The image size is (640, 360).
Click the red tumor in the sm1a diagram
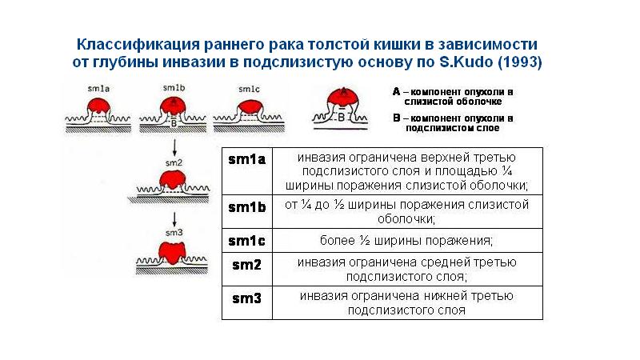[x=98, y=106]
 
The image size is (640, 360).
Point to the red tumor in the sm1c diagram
[x=249, y=106]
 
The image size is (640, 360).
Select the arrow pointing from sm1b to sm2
[x=174, y=146]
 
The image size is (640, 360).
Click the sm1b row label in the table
[x=246, y=207]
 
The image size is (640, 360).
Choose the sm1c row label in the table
[x=246, y=240]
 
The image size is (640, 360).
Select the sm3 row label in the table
[x=246, y=298]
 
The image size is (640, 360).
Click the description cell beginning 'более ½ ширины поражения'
[x=406, y=241]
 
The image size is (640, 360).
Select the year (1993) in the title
[x=519, y=62]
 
